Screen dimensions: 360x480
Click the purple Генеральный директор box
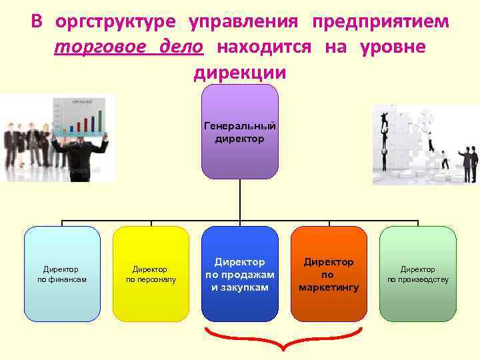[239, 132]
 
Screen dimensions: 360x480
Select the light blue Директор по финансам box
[62, 273]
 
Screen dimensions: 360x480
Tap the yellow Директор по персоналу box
[151, 273]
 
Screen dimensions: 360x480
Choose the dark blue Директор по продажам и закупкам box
[239, 273]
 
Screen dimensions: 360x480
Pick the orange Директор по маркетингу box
[329, 273]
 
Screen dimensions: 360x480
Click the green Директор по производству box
[418, 273]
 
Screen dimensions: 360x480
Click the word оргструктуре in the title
[116, 21]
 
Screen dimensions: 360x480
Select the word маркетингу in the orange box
[329, 287]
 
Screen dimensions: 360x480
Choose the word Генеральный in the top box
[239, 125]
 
